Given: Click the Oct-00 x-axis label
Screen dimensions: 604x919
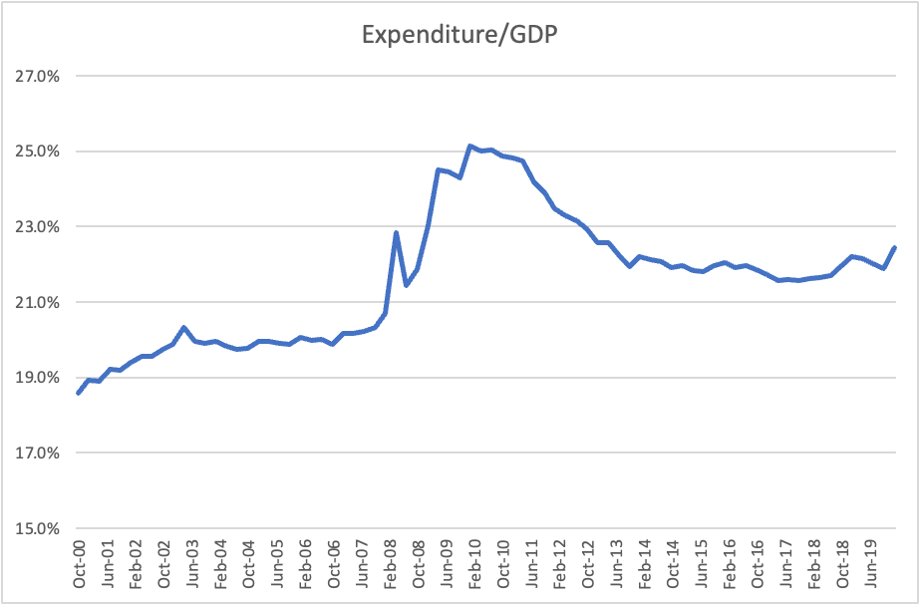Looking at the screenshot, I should [80, 565].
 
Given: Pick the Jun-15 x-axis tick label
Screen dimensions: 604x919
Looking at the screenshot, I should [702, 565].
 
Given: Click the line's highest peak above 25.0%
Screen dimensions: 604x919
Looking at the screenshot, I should [469, 146].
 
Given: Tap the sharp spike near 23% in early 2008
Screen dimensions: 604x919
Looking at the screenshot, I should [396, 233].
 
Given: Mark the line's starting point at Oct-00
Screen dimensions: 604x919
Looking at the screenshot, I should [79, 393].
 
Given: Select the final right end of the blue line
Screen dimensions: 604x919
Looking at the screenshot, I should [894, 247].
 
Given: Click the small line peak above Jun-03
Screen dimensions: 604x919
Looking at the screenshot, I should [184, 327].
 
